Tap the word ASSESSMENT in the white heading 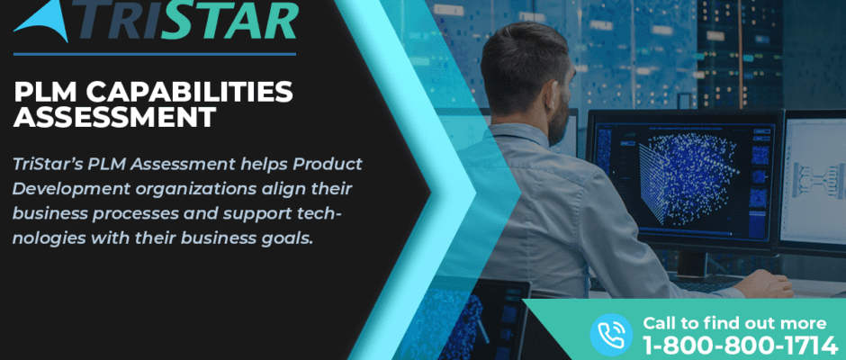click(x=115, y=117)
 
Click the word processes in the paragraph click(x=135, y=214)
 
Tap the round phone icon click(x=611, y=335)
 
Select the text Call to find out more click(x=734, y=323)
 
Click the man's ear click(x=550, y=95)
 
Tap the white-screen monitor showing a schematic click(x=813, y=181)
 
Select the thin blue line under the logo click(x=155, y=54)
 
